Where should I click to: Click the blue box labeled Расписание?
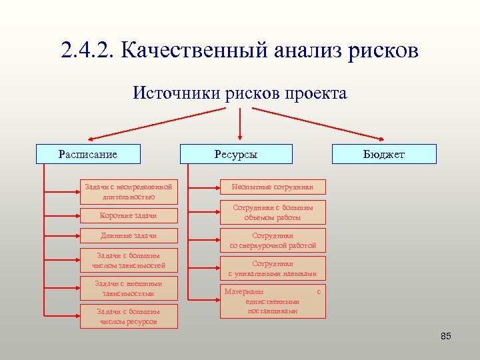click(x=87, y=154)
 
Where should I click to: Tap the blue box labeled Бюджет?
click(x=384, y=154)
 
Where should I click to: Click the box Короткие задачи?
click(x=129, y=215)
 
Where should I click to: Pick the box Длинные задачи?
click(x=129, y=235)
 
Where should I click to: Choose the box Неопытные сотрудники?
click(x=273, y=187)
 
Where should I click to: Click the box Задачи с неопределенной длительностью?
click(x=129, y=191)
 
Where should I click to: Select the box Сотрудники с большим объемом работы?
click(x=273, y=212)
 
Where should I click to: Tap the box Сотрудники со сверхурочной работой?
click(x=273, y=241)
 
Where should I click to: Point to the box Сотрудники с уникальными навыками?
click(x=273, y=269)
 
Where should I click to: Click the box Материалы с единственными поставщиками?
click(x=273, y=301)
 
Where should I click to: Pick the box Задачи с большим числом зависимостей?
click(x=129, y=261)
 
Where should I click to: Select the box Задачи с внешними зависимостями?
click(x=129, y=288)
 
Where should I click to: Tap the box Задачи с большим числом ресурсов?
click(x=129, y=316)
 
